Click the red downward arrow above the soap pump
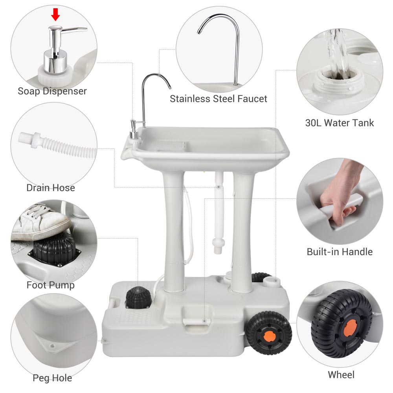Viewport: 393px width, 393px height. coord(55,15)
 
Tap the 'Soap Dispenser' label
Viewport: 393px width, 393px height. coord(52,91)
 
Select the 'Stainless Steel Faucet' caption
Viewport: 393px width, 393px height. coord(218,99)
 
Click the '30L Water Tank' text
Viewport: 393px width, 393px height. coord(340,123)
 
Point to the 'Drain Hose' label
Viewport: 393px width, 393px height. coord(51,188)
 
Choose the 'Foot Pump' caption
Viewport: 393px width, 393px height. coord(50,285)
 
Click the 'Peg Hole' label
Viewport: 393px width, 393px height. coord(52,378)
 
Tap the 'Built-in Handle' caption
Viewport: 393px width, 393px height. coord(340,252)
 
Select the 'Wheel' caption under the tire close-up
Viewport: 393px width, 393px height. coord(341,375)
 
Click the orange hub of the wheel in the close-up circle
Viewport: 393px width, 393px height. coord(349,328)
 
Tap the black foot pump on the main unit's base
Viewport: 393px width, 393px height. coord(138,298)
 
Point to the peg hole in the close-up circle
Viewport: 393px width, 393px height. coord(52,346)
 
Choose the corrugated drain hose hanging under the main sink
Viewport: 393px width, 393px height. coord(219,213)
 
